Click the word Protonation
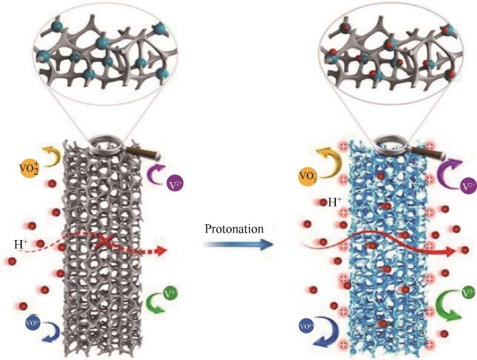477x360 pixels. point(234,229)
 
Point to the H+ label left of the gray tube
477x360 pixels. point(20,243)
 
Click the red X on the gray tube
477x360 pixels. point(104,242)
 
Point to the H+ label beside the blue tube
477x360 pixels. point(335,202)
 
